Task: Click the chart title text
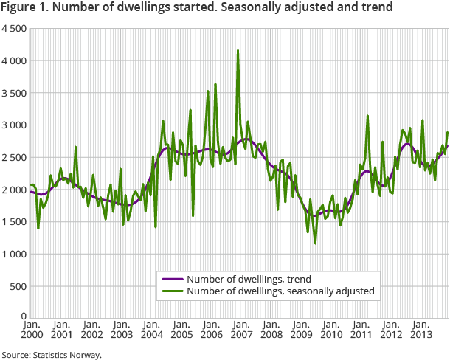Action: pyautogui.click(x=196, y=8)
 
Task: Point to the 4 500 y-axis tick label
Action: pyautogui.click(x=13, y=29)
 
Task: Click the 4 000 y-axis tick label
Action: pyautogui.click(x=13, y=60)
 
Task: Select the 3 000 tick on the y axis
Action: pyautogui.click(x=13, y=125)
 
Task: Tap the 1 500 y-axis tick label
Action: pyautogui.click(x=13, y=222)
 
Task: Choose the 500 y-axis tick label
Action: pyautogui.click(x=18, y=286)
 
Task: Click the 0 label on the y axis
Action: pyautogui.click(x=24, y=316)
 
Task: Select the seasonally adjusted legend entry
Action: pyautogui.click(x=281, y=291)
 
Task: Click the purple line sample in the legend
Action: pyautogui.click(x=172, y=280)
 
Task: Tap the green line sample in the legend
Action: pyautogui.click(x=172, y=291)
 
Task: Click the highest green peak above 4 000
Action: pyautogui.click(x=238, y=51)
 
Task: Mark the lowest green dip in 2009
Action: pyautogui.click(x=315, y=243)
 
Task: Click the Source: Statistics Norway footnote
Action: pyautogui.click(x=52, y=354)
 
